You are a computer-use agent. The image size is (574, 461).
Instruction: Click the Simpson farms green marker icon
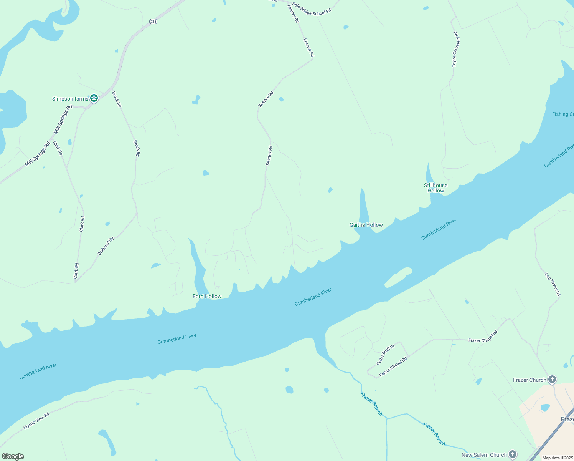(x=94, y=99)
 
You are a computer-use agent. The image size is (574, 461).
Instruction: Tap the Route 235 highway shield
(x=153, y=22)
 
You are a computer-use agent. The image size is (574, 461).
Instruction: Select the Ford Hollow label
(x=207, y=296)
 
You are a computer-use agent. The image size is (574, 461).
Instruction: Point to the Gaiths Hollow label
(x=366, y=225)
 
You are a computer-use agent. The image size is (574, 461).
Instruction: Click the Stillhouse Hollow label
(x=435, y=188)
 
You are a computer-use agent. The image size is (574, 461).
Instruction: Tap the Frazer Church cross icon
(x=552, y=380)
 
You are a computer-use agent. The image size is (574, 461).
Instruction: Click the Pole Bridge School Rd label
(x=311, y=9)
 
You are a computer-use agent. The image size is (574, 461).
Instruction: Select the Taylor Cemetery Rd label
(x=455, y=50)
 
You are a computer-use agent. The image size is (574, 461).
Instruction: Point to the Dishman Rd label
(x=106, y=246)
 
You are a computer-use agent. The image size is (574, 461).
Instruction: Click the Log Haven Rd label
(x=553, y=284)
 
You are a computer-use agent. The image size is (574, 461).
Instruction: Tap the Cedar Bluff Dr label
(x=385, y=355)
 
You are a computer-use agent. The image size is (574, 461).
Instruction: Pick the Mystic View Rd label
(x=36, y=421)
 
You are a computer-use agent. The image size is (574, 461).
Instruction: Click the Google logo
(x=13, y=456)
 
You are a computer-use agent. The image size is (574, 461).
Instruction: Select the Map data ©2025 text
(x=557, y=458)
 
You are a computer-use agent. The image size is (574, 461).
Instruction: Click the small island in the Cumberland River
(x=398, y=277)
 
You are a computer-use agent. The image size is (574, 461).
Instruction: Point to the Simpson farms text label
(x=70, y=99)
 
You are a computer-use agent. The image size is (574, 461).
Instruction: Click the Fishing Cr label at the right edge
(x=562, y=114)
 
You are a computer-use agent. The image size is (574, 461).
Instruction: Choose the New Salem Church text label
(x=484, y=455)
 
